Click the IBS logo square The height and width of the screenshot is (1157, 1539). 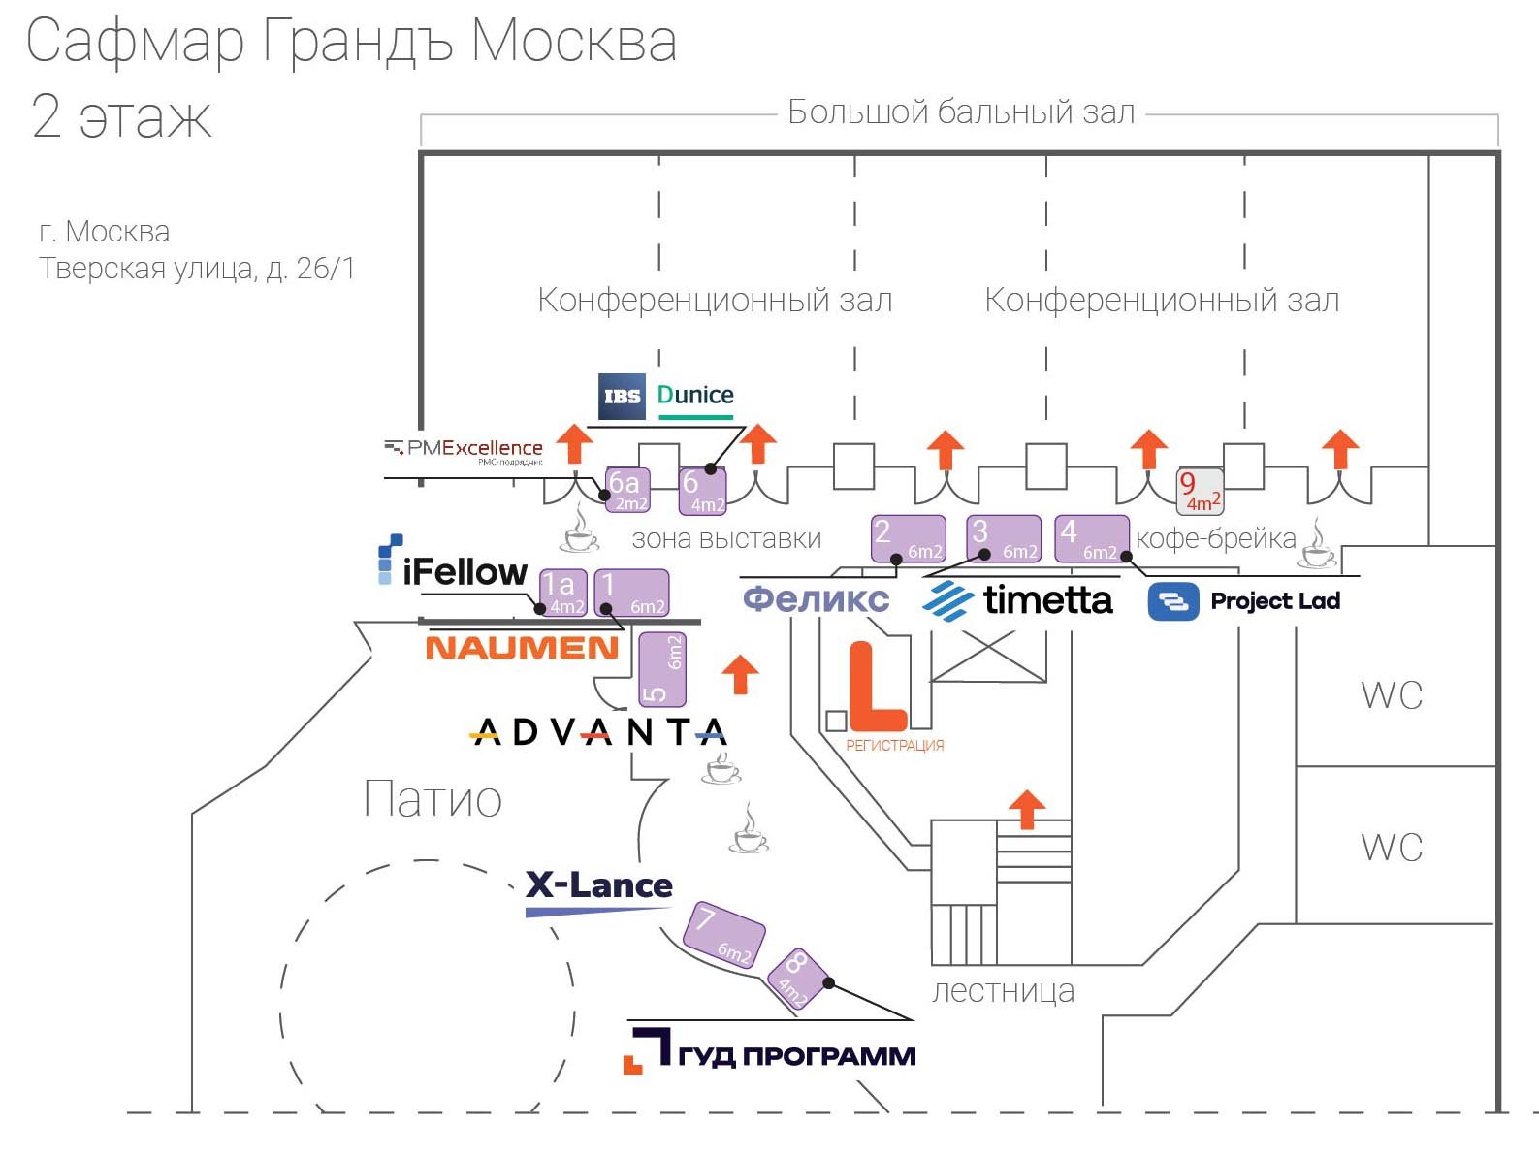[622, 396]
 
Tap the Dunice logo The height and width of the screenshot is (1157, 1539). [695, 397]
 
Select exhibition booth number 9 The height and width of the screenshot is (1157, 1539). [1200, 491]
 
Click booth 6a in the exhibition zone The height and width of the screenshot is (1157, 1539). [626, 490]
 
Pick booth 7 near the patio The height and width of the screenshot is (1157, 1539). [723, 934]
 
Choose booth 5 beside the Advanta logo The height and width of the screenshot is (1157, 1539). [662, 669]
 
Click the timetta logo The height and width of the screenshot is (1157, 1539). [1018, 600]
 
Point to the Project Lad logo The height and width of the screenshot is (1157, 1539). [1244, 601]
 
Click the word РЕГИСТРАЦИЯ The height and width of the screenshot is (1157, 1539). [894, 746]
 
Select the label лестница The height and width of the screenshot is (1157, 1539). [1003, 991]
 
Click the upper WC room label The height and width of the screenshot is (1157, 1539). [1392, 695]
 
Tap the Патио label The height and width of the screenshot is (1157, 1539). [433, 799]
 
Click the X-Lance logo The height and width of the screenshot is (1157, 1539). [598, 886]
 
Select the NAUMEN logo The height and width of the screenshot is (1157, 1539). [522, 648]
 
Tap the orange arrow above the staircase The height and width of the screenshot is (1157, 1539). [1027, 810]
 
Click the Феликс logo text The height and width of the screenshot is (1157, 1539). [816, 598]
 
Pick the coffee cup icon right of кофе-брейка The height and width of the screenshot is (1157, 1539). [1318, 545]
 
